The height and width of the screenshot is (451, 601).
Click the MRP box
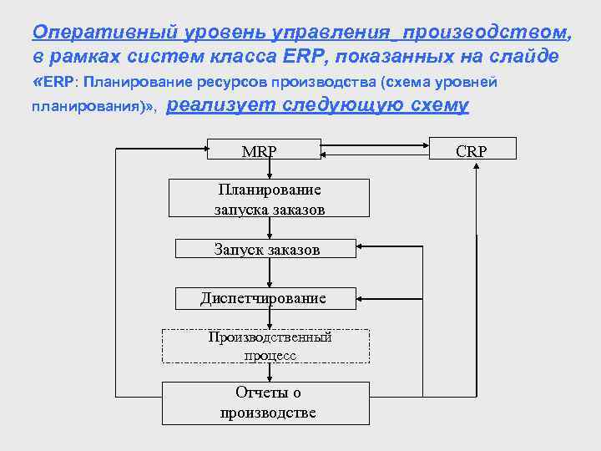[x=265, y=151]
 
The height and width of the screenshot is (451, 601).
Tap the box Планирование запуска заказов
[x=269, y=199]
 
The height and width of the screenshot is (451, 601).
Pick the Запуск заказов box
[x=266, y=249]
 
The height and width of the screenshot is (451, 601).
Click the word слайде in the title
[x=528, y=55]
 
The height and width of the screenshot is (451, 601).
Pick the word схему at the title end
[x=440, y=105]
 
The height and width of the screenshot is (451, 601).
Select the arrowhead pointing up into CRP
[x=476, y=166]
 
